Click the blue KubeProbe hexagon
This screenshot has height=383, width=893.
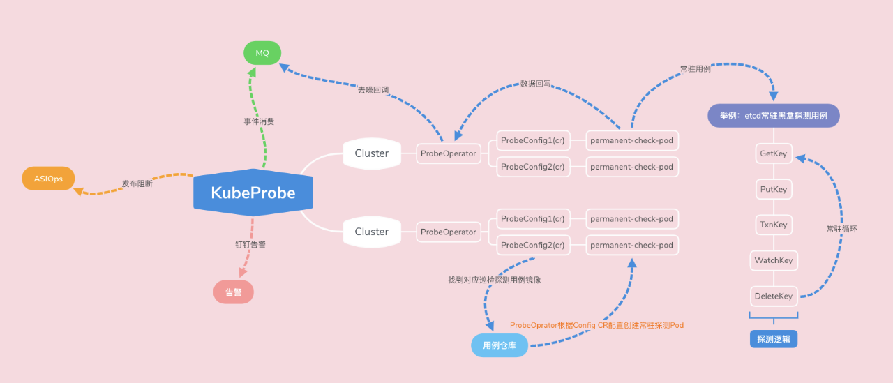[253, 193]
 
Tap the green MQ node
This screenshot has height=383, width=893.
[262, 53]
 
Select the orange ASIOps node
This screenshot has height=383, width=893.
[48, 179]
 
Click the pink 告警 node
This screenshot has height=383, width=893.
[233, 292]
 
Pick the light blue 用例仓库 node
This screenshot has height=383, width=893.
[499, 345]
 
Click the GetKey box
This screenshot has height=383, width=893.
[774, 153]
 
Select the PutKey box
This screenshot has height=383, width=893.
[774, 189]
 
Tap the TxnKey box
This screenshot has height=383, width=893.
[774, 225]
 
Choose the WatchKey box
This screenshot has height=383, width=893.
[774, 260]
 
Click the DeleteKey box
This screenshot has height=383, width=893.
[774, 296]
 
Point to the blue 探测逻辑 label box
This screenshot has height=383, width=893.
[774, 340]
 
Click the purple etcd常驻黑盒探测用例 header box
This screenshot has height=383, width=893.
[773, 115]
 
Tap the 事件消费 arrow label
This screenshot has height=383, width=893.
[259, 121]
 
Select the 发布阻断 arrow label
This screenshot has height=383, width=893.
[137, 184]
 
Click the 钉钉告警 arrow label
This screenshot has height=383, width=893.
[250, 245]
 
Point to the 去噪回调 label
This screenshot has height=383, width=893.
[373, 90]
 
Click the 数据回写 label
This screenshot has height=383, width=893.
[535, 83]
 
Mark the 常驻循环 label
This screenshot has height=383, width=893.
[841, 229]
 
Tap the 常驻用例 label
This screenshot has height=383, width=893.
[696, 70]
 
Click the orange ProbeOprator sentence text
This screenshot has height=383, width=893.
[596, 325]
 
